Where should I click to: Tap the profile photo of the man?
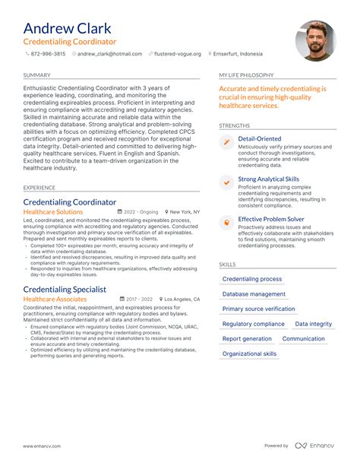[x=315, y=41]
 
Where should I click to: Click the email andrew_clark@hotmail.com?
[x=109, y=54]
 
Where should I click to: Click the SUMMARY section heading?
[x=36, y=75]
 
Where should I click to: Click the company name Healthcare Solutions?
[x=53, y=212]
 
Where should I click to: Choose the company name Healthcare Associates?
[x=55, y=300]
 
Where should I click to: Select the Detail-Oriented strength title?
[x=259, y=139]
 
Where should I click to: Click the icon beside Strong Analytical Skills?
[x=226, y=182]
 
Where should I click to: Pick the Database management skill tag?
[x=254, y=294]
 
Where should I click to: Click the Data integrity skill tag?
[x=313, y=324]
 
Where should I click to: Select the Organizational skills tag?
[x=249, y=353]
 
